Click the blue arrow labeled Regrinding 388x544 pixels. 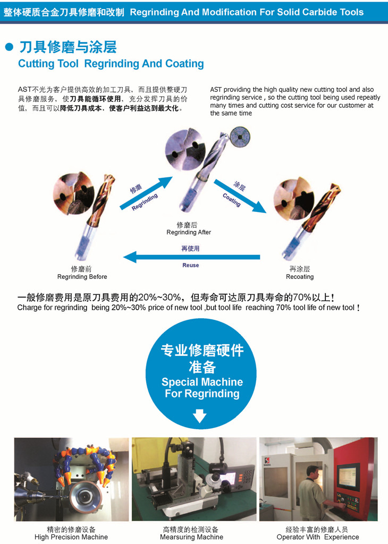[x=146, y=193]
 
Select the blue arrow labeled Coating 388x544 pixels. [x=240, y=197]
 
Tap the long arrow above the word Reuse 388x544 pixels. [x=191, y=257]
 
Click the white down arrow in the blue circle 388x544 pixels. [x=199, y=416]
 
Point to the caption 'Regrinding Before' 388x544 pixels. [x=82, y=277]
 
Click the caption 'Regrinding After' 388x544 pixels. [x=189, y=233]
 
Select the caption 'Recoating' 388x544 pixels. [x=300, y=277]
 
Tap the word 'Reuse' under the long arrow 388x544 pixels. [x=190, y=266]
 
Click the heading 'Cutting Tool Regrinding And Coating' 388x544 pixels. [x=111, y=64]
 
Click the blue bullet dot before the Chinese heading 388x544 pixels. [x=10, y=47]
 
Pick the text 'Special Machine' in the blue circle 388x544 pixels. [x=203, y=382]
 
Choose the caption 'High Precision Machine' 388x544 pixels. [x=71, y=537]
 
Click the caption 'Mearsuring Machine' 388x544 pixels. [x=191, y=537]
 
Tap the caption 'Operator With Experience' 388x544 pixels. [x=318, y=537]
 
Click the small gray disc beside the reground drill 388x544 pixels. [x=240, y=136]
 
